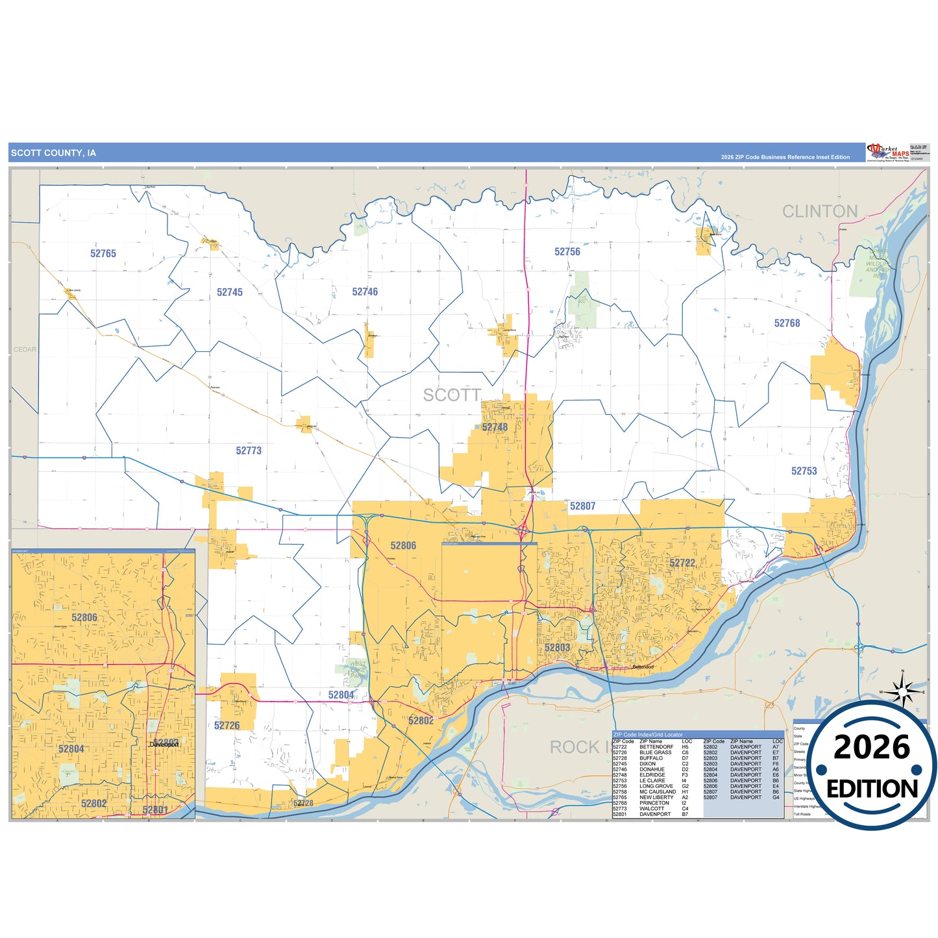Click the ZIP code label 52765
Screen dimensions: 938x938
coord(103,254)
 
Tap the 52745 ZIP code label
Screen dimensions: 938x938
coord(230,293)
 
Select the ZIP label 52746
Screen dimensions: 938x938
coord(365,292)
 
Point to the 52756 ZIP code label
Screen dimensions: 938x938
coord(567,252)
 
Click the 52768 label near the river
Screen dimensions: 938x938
coord(787,323)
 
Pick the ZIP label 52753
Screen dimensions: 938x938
coord(804,471)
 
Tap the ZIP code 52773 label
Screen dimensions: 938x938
coord(249,450)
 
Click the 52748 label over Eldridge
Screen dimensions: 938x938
coord(495,427)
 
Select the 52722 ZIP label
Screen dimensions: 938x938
coord(682,563)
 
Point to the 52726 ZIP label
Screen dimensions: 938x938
coord(227,726)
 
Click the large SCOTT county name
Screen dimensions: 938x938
coord(452,395)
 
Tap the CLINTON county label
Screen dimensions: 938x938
coord(820,212)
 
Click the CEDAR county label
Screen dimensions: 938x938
coord(25,349)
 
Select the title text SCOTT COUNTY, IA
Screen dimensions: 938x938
coord(53,153)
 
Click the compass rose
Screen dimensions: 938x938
coord(902,691)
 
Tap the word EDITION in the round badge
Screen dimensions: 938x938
coord(872,789)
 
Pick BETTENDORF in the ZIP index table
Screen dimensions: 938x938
coord(656,747)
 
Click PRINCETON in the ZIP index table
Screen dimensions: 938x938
coord(654,803)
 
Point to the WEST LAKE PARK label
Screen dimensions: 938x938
coord(358,670)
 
